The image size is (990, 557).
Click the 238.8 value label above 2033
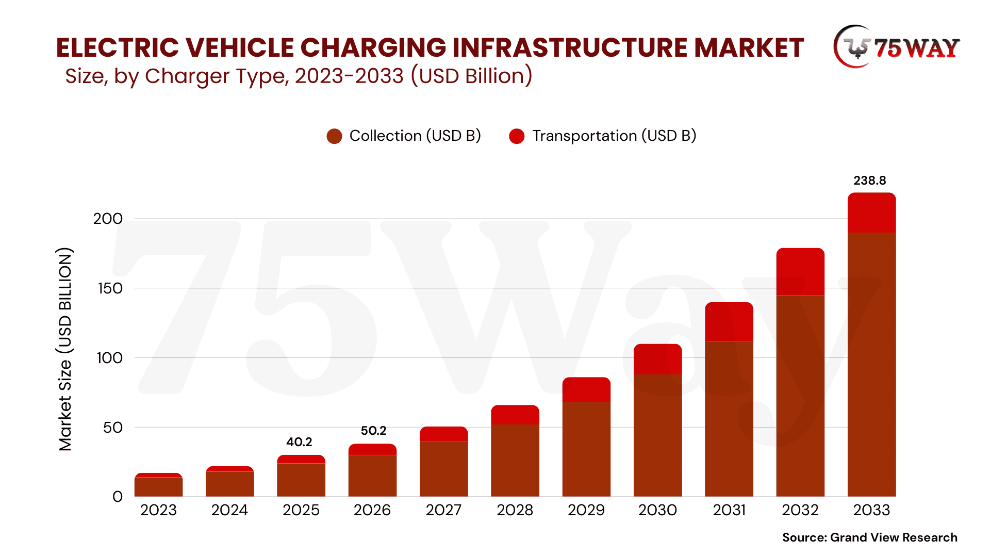pos(869,181)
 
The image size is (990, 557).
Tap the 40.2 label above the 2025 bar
pos(299,442)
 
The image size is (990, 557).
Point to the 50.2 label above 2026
pos(373,431)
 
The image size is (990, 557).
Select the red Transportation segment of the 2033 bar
pos(871,212)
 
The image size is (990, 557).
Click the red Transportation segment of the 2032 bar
pos(800,271)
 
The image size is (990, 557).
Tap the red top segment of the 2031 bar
pos(729,322)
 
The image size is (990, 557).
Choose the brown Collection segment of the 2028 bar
pos(515,460)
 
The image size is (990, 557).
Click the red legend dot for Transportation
pos(517,136)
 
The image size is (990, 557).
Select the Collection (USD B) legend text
pos(415,136)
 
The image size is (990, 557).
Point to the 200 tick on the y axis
pos(108,219)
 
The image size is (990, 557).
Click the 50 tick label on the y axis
pos(112,428)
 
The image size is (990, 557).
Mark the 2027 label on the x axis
pos(443,510)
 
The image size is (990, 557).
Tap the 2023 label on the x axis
pos(158,510)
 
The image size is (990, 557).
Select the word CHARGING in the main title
pos(373,47)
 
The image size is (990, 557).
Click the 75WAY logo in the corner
pos(896,47)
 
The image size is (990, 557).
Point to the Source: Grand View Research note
pos(869,537)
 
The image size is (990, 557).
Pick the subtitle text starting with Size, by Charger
pos(299,76)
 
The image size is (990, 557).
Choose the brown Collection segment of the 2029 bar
pos(586,449)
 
